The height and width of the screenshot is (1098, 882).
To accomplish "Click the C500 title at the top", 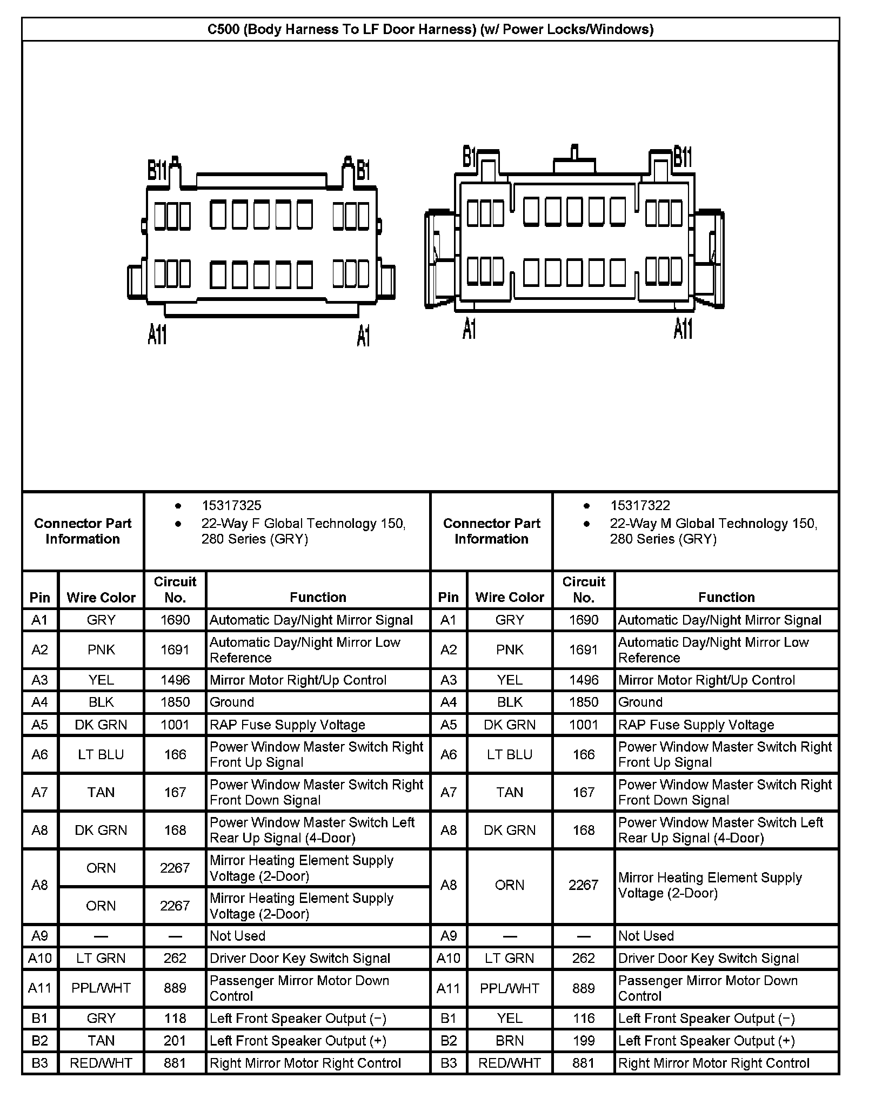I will coord(430,29).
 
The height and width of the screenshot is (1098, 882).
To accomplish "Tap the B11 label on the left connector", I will coord(157,171).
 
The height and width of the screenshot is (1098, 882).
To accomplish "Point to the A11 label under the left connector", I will coord(157,334).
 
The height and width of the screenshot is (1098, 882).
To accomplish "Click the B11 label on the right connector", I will coord(683,157).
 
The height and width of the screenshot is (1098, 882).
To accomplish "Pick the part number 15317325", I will coord(231,505).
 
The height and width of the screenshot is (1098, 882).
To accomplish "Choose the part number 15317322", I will coord(640,505).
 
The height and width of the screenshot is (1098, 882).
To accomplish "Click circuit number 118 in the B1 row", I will coord(175,1018).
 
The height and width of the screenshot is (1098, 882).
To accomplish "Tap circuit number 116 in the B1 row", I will coord(584,1018).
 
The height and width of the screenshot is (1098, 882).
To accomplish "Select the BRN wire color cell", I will coord(510,1040).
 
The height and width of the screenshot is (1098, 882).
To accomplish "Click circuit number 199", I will coord(584,1040).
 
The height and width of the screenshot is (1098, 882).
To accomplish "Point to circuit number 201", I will coord(175,1040).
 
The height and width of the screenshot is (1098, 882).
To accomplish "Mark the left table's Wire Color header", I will coord(101,597).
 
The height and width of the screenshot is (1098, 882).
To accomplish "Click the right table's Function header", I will coord(726,597).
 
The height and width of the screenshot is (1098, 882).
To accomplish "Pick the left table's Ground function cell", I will coord(232,702).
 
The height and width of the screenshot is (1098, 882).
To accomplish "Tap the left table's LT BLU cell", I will coord(101,754).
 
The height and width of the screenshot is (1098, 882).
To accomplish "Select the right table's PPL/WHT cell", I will coord(510,988).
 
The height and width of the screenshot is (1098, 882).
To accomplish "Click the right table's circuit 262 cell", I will coord(584,958).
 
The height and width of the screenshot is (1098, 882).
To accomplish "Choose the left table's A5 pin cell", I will coord(40,725).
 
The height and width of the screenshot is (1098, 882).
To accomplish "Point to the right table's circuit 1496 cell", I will coord(584,680).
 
